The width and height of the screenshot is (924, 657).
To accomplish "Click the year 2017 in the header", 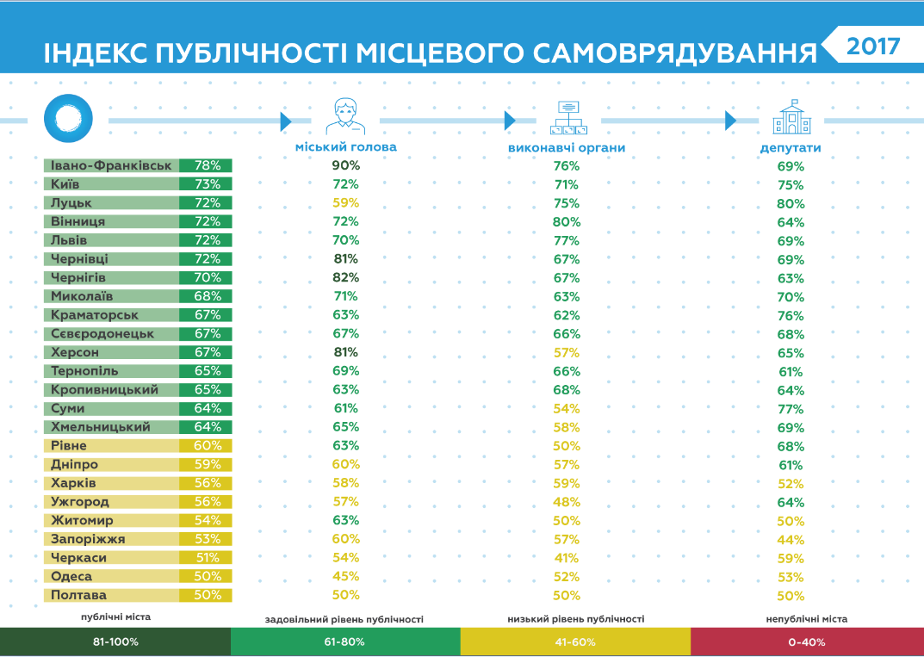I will [x=872, y=46].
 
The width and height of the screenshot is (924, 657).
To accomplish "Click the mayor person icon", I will [x=345, y=116].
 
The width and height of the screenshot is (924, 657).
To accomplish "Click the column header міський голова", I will [x=345, y=147].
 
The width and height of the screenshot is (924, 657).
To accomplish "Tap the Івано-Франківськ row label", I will [x=111, y=165].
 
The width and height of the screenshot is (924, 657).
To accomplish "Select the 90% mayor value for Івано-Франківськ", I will [x=346, y=165].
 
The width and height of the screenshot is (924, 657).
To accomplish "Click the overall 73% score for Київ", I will [x=208, y=184].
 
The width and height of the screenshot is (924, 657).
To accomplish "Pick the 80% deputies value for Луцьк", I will [x=791, y=204].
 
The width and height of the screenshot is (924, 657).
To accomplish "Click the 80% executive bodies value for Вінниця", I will [x=567, y=222].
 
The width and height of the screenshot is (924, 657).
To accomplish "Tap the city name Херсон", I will [x=75, y=352].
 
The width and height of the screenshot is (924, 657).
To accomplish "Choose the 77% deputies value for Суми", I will [x=791, y=409].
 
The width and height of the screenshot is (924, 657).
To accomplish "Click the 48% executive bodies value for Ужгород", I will [x=567, y=502].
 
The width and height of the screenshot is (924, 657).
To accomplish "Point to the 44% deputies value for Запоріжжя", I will [x=791, y=540].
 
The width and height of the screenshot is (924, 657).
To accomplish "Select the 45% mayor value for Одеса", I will [x=346, y=577].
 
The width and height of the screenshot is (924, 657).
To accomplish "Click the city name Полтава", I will [x=78, y=596].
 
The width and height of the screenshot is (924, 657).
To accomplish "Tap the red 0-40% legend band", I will [x=807, y=642].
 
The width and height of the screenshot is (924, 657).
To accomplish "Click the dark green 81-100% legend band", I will [x=115, y=642].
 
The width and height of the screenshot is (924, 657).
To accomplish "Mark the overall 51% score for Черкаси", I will [x=208, y=558].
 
